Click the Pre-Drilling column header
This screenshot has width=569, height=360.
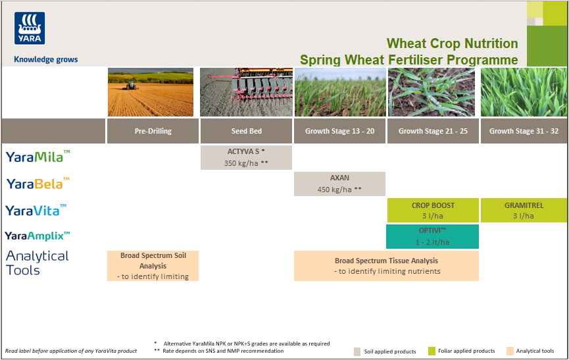(153, 131)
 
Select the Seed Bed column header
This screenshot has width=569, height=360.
(246, 131)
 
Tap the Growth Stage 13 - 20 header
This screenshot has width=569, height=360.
(339, 131)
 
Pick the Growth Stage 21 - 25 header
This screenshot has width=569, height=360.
(433, 131)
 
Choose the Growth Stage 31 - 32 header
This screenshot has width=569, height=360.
(524, 131)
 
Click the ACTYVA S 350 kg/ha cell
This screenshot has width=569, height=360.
(246, 157)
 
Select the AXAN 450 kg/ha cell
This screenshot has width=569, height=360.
(339, 184)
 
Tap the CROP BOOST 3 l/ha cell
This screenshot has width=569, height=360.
(433, 210)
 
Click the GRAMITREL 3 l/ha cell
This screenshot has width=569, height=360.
(524, 210)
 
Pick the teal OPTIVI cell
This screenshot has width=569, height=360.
(433, 236)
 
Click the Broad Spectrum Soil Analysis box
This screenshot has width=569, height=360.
(153, 266)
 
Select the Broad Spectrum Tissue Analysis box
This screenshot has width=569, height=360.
(387, 266)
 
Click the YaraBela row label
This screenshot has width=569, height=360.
(37, 184)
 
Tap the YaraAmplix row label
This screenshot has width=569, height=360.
(37, 236)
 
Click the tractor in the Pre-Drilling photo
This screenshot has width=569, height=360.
(132, 84)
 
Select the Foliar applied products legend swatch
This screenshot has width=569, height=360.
(432, 351)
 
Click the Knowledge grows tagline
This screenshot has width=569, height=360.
(46, 59)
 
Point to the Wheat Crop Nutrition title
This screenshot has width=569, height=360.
(452, 43)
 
